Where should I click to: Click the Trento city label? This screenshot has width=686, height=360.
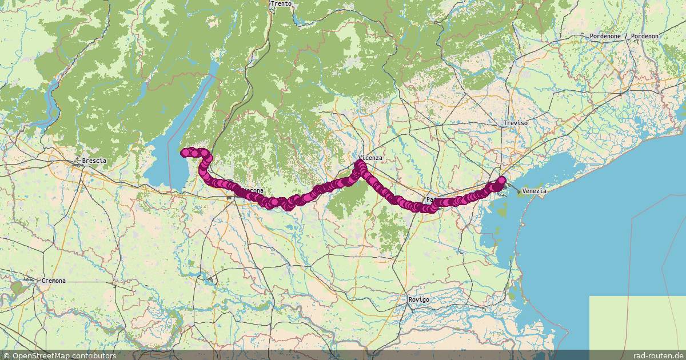pyautogui.click(x=281, y=3)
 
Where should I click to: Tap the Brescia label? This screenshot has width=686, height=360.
pyautogui.click(x=94, y=161)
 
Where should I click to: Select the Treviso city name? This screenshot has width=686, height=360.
pyautogui.click(x=515, y=123)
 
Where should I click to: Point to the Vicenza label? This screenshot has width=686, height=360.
pyautogui.click(x=370, y=157)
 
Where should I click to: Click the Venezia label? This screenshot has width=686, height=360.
pyautogui.click(x=535, y=191)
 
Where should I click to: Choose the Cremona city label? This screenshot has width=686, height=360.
pyautogui.click(x=54, y=281)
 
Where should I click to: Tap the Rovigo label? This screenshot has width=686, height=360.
pyautogui.click(x=418, y=299)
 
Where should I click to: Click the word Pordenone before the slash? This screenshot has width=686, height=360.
pyautogui.click(x=605, y=36)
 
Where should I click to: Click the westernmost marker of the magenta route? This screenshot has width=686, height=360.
pyautogui.click(x=185, y=153)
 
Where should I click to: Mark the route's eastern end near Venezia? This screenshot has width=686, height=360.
pyautogui.click(x=502, y=181)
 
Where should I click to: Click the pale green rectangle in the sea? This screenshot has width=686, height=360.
pyautogui.click(x=637, y=323)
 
